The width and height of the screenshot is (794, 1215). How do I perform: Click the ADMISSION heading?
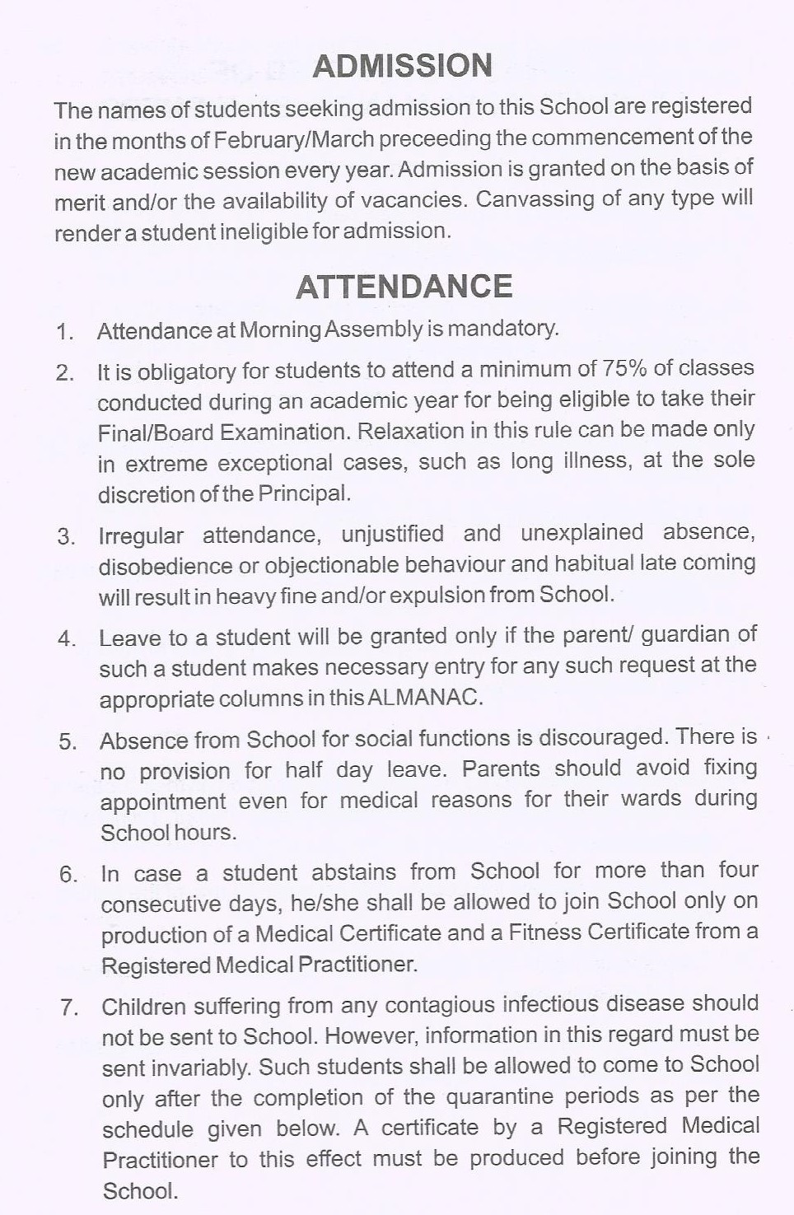[403, 66]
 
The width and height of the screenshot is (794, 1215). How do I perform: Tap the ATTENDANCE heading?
[404, 287]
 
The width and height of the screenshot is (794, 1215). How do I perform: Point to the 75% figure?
[625, 367]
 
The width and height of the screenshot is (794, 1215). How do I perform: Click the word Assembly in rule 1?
[374, 329]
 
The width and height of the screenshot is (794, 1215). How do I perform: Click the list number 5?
[68, 741]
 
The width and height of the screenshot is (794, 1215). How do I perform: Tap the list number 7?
[69, 1007]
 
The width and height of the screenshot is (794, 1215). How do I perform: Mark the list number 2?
[65, 372]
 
